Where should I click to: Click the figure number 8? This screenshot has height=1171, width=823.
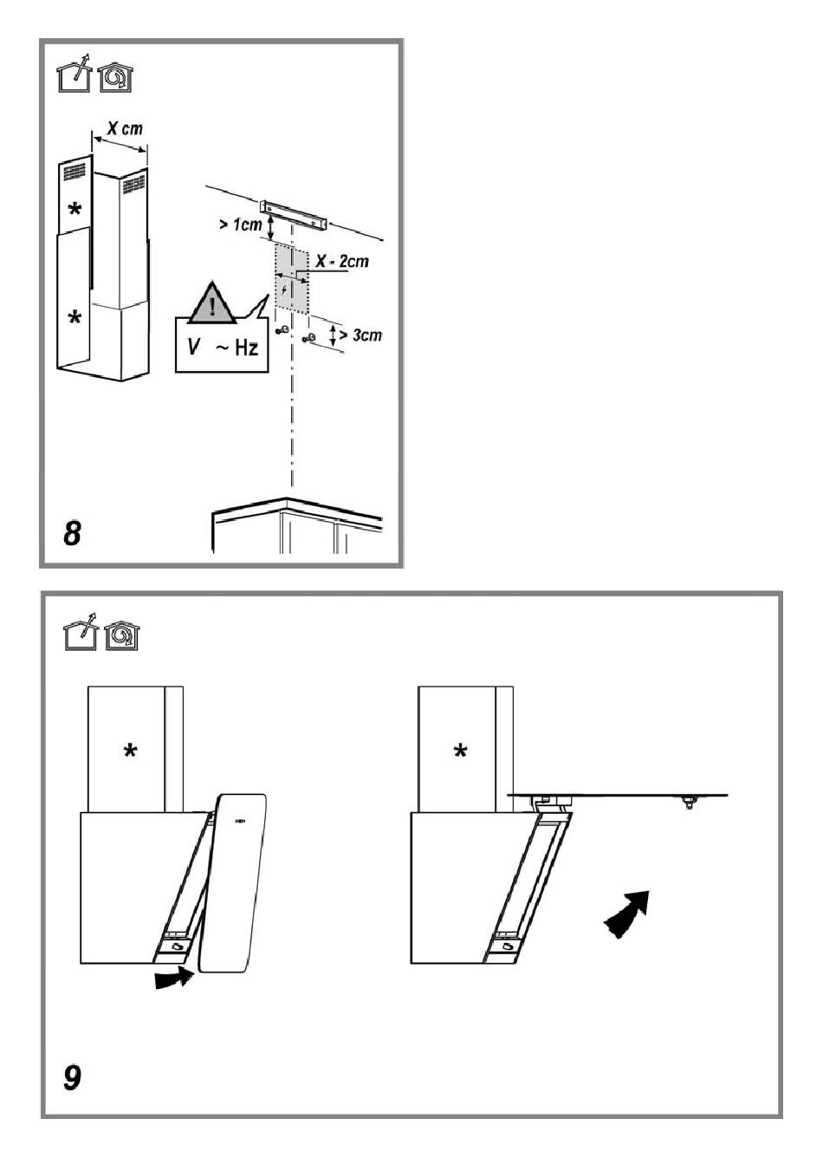pyautogui.click(x=72, y=533)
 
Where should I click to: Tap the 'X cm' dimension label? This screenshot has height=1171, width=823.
pyautogui.click(x=125, y=128)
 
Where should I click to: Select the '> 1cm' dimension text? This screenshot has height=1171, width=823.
pyautogui.click(x=240, y=224)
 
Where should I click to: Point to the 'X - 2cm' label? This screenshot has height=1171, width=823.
pyautogui.click(x=342, y=261)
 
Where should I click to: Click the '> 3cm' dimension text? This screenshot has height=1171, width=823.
pyautogui.click(x=360, y=335)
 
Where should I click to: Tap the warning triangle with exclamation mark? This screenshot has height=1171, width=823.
pyautogui.click(x=212, y=303)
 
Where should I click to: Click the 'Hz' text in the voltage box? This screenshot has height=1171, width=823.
pyautogui.click(x=246, y=348)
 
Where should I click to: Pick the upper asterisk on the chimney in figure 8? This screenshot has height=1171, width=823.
pyautogui.click(x=75, y=210)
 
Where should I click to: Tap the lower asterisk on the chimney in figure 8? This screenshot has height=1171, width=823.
pyautogui.click(x=75, y=316)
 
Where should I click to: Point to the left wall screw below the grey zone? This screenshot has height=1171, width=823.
pyautogui.click(x=282, y=330)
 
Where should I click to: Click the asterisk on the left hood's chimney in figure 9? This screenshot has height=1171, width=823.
pyautogui.click(x=130, y=751)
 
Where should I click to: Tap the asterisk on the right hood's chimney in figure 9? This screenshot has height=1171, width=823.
pyautogui.click(x=460, y=751)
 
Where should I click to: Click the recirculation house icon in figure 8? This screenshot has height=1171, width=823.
pyautogui.click(x=115, y=78)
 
